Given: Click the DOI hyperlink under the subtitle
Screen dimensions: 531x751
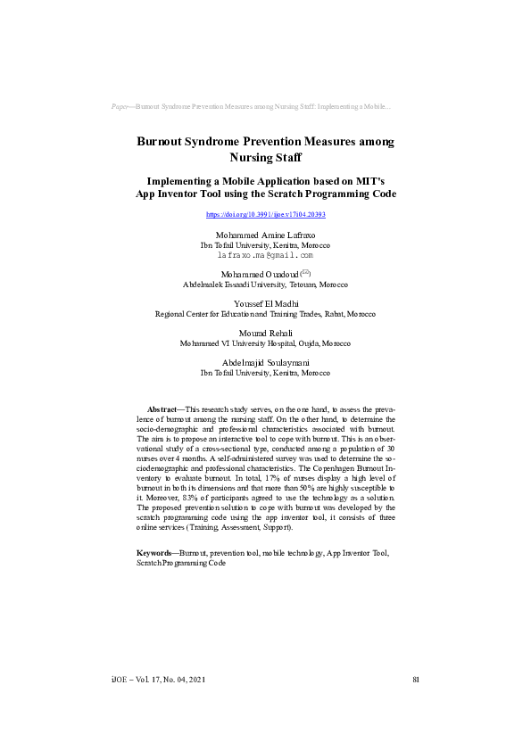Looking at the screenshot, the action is [265, 215].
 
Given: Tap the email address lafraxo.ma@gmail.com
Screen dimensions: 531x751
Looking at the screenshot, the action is [265, 254].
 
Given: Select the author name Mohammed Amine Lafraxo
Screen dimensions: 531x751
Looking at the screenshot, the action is [265, 235].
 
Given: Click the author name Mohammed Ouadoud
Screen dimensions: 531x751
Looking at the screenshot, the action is [258, 274].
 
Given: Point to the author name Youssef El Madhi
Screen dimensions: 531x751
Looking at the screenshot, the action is [265, 304].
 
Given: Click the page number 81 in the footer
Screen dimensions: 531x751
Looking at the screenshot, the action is [416, 680].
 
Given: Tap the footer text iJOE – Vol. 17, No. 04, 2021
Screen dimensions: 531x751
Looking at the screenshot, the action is [157, 680].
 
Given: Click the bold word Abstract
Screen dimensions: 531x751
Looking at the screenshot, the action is [162, 409].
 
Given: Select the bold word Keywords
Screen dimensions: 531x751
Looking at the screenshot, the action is [155, 554].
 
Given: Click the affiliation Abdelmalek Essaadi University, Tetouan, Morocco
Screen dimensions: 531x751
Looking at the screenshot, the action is [265, 285].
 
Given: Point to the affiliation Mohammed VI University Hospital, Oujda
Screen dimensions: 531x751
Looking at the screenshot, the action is [265, 343].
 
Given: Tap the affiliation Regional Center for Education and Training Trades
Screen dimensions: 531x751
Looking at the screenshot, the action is [265, 314].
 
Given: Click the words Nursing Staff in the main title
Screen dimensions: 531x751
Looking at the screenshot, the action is [265, 157].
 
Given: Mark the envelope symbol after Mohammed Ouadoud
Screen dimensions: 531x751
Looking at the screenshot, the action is [305, 271].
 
